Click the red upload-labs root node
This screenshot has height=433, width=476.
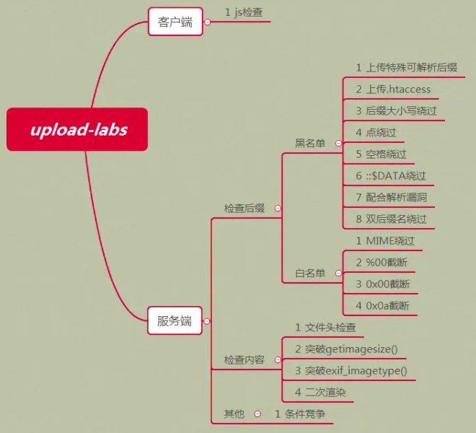pyautogui.click(x=77, y=129)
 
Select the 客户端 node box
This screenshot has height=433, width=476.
pyautogui.click(x=175, y=22)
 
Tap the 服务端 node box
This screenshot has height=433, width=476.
pyautogui.click(x=175, y=320)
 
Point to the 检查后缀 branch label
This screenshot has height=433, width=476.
pyautogui.click(x=244, y=209)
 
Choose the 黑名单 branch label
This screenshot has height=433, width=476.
pyautogui.click(x=310, y=144)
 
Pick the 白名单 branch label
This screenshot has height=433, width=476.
pyautogui.click(x=310, y=273)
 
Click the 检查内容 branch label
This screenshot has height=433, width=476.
pyautogui.click(x=244, y=359)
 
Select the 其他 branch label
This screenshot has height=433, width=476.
pyautogui.click(x=234, y=414)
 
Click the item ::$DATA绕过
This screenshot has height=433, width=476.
pyautogui.click(x=391, y=175)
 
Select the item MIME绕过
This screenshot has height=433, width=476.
pyautogui.click(x=385, y=240)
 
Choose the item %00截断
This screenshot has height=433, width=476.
pyautogui.click(x=382, y=262)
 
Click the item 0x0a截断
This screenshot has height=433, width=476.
pyautogui.click(x=382, y=305)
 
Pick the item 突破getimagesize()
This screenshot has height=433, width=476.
pyautogui.click(x=346, y=349)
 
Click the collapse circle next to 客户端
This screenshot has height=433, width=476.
pyautogui.click(x=208, y=22)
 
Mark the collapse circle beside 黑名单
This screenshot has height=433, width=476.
pyautogui.click(x=337, y=144)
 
